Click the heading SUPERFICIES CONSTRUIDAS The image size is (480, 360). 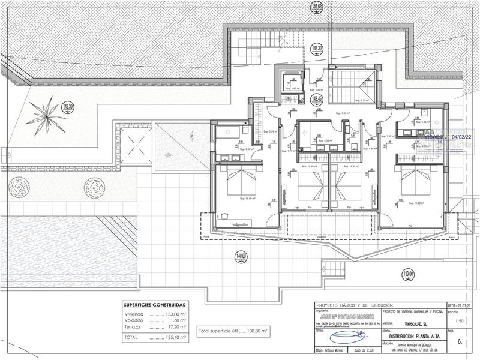point(155,305)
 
